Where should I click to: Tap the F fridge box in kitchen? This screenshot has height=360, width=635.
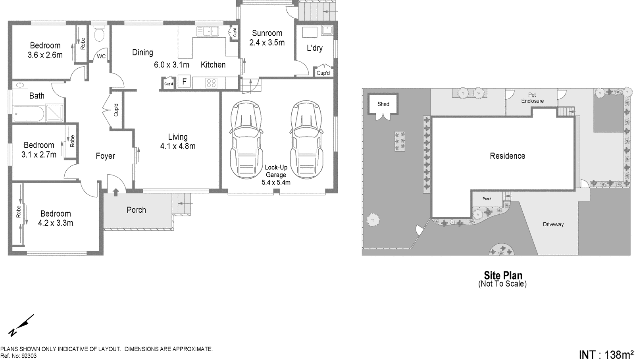tap(184, 82)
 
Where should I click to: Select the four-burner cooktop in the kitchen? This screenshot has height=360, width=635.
tap(211, 83)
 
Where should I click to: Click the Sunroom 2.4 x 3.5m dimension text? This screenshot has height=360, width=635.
tap(267, 43)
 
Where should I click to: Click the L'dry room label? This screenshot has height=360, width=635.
tap(314, 48)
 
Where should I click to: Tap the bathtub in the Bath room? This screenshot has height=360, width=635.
tap(28, 113)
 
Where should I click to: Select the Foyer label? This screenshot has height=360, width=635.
tap(105, 156)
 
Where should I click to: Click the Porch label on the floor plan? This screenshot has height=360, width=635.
tap(136, 210)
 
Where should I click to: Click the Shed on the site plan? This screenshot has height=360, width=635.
tap(383, 104)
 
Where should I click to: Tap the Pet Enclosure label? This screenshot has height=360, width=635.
tap(532, 98)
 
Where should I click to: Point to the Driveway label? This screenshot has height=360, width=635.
tap(553, 225)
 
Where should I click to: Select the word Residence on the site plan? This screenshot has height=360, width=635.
tap(507, 156)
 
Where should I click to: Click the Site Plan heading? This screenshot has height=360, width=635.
tap(503, 275)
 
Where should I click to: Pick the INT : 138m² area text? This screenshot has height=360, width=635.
tap(606, 354)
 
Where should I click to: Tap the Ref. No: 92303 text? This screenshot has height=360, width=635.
tap(18, 356)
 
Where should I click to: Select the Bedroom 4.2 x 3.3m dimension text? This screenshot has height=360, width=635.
tap(55, 223)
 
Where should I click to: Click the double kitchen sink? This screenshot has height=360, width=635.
tap(208, 31)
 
